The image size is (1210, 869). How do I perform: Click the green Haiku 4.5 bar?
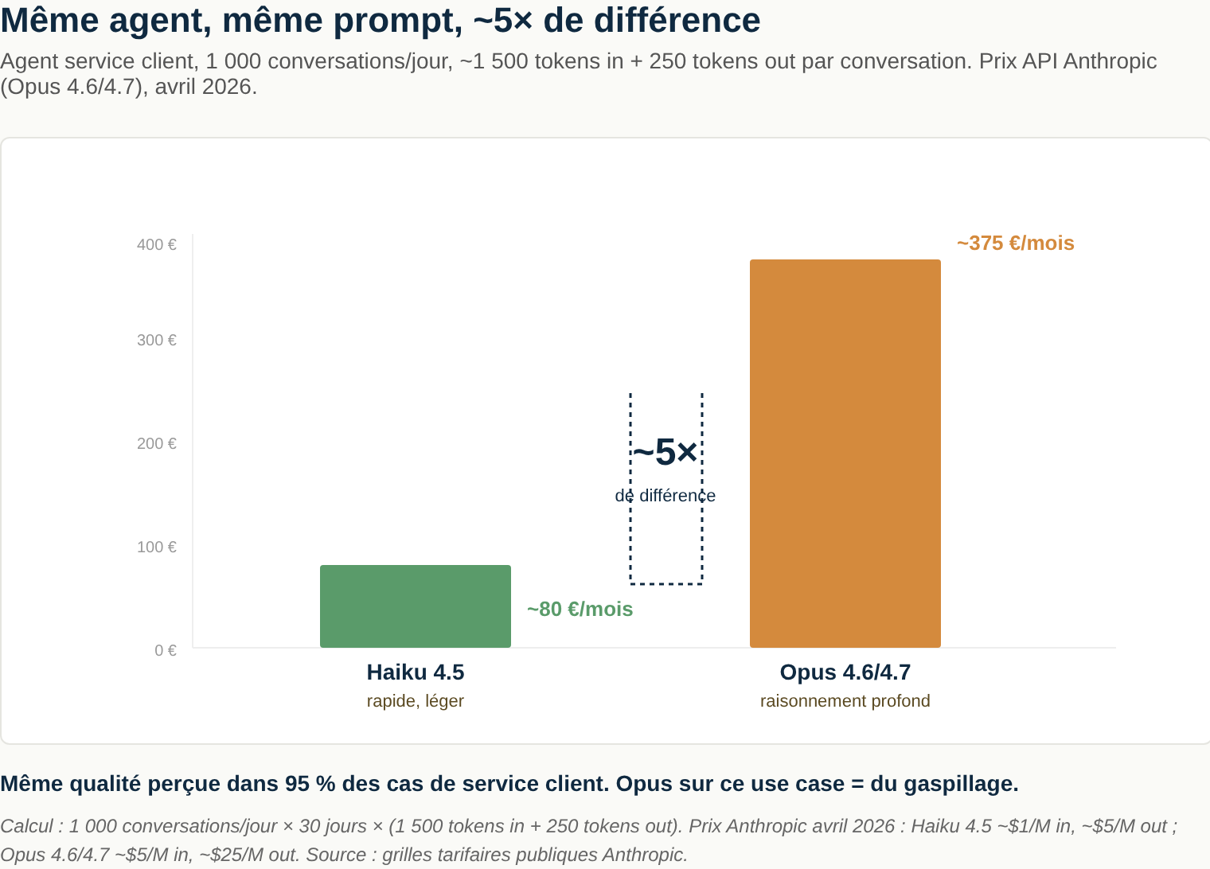415,606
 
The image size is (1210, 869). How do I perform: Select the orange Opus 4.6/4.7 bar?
845,453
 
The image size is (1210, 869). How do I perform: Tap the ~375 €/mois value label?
1015,244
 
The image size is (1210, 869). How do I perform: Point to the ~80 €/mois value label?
580,610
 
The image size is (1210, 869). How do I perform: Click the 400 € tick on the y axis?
156,245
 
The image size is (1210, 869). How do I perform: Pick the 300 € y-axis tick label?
156,341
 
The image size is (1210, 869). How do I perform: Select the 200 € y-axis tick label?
156,444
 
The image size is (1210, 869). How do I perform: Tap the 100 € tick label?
156,548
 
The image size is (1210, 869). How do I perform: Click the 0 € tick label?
165,651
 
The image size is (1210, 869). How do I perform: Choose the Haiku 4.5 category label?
415,672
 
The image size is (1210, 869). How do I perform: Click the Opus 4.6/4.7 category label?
845,672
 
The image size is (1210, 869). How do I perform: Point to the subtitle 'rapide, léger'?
415,701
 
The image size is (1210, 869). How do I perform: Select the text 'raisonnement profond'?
845,701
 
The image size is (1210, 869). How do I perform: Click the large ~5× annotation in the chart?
665,453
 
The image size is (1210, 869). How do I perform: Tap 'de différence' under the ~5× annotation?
665,496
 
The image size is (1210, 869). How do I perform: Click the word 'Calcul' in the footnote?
27,826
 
